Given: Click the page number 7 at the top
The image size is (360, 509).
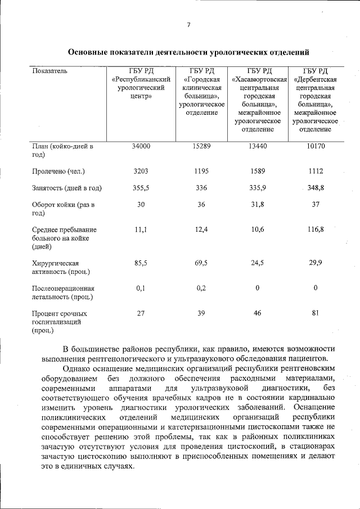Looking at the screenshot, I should pos(188,24).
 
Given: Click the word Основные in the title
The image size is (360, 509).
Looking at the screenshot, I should pos(90,53).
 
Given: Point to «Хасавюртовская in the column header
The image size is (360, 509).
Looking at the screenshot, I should pos(257,79).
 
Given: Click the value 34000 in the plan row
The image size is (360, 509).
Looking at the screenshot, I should pos(141,146).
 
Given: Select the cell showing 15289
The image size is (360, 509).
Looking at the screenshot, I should pos(201,146).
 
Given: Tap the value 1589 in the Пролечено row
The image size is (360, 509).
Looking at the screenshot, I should pos(257,170).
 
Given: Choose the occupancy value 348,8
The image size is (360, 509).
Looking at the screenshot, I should pos(316,188).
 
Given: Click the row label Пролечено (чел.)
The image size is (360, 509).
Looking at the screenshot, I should pos(59,170).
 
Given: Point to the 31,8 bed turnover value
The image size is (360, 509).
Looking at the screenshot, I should pos(257,204).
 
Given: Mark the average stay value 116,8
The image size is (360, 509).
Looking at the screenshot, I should pos(316,229).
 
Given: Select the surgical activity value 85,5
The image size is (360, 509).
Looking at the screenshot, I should pos(141,263).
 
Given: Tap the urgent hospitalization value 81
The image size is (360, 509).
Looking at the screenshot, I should pos(316,313).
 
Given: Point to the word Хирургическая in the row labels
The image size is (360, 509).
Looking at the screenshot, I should pos(55,263).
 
